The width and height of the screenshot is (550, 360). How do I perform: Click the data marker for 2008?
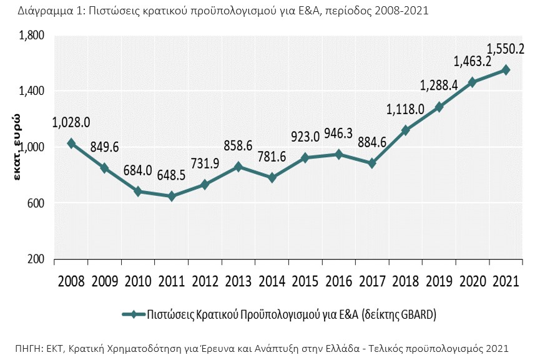[71, 144]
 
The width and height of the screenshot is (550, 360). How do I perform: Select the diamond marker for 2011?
[172, 197]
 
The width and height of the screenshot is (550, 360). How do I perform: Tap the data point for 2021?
[506, 70]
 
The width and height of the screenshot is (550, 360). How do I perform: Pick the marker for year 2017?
[372, 163]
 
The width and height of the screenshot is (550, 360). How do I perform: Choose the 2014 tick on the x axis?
[272, 281]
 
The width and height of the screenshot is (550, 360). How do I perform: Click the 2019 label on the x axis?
[439, 281]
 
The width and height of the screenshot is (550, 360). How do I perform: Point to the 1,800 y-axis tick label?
[31, 36]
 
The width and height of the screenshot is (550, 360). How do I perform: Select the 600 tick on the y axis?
[36, 203]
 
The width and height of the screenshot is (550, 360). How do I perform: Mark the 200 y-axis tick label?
[36, 259]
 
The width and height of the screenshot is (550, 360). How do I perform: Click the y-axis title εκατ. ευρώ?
[19, 147]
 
